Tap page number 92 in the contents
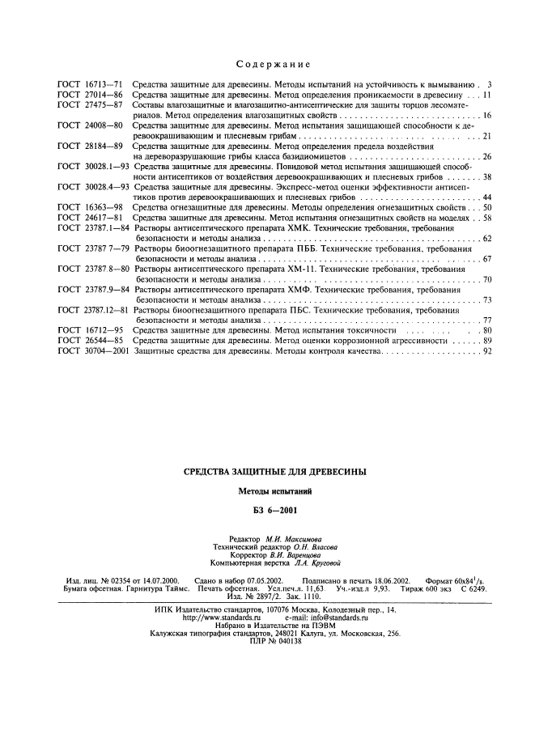coord(486,352)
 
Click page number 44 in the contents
coord(486,197)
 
